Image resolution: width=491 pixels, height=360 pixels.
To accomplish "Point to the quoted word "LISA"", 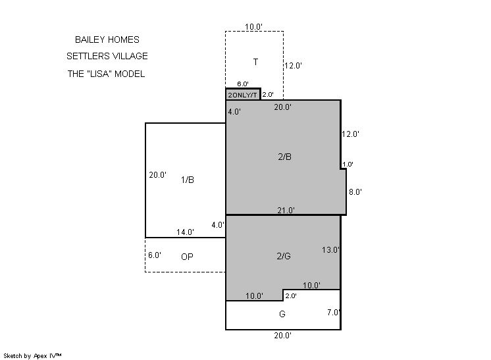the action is click(x=99, y=74).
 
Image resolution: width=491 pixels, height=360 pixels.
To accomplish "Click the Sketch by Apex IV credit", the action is click(x=32, y=356).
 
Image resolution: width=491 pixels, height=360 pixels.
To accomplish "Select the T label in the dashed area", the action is click(x=255, y=62).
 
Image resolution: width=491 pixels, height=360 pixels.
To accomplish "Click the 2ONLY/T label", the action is click(x=242, y=95).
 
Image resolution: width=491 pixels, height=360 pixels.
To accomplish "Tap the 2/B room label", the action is click(x=284, y=157).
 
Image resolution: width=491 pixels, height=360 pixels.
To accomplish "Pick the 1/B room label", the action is click(x=188, y=180).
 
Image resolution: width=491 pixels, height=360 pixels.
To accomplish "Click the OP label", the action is click(x=187, y=257).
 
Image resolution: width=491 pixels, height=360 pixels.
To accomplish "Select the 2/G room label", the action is click(x=284, y=256).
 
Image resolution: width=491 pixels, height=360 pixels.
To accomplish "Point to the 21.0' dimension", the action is click(x=286, y=211).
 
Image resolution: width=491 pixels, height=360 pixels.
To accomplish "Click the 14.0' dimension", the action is click(x=185, y=232).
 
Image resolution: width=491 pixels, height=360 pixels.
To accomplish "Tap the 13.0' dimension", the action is click(x=330, y=250).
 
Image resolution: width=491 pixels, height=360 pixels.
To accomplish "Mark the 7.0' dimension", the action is click(x=334, y=312).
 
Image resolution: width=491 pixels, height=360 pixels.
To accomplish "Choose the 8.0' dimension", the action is click(x=355, y=192).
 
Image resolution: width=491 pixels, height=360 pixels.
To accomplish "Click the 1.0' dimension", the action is click(x=348, y=164).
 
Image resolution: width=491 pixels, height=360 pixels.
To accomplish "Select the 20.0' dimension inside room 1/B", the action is click(x=157, y=174).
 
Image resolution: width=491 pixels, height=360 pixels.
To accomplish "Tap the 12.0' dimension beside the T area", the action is click(x=293, y=65).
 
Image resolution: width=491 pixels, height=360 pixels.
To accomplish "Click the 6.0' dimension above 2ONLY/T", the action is click(x=243, y=84).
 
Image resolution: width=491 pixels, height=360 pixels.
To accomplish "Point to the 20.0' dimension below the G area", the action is click(x=283, y=335).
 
